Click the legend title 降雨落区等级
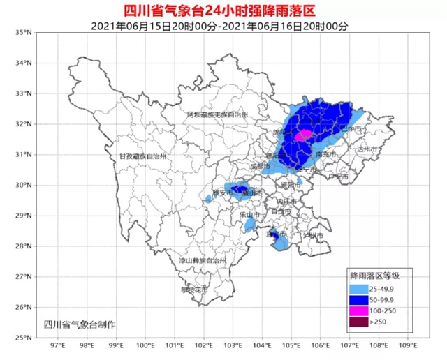(x=380, y=276)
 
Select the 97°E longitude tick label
(x=58, y=345)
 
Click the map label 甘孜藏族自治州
(x=142, y=157)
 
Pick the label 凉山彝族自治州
(x=203, y=260)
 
